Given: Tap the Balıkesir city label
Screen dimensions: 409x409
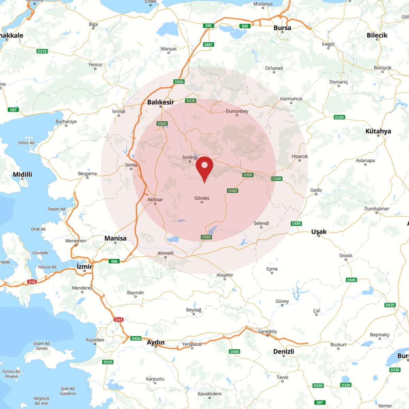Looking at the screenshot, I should pyautogui.click(x=161, y=102).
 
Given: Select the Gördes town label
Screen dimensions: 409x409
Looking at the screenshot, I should pyautogui.click(x=202, y=198).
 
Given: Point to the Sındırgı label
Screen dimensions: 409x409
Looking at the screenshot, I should pyautogui.click(x=190, y=157).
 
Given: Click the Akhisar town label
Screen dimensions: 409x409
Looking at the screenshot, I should pyautogui.click(x=155, y=199).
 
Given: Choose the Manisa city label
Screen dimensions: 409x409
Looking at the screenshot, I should pyautogui.click(x=115, y=238).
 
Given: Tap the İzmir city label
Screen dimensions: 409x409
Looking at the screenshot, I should pyautogui.click(x=85, y=266).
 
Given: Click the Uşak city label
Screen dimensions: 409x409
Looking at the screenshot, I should pyautogui.click(x=319, y=231).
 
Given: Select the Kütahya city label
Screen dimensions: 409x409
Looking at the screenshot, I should pyautogui.click(x=378, y=131).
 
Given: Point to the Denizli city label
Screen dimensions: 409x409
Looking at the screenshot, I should pyautogui.click(x=284, y=351).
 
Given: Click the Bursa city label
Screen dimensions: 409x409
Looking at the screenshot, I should pyautogui.click(x=282, y=28).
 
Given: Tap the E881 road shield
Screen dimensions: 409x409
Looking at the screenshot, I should pyautogui.click(x=208, y=45).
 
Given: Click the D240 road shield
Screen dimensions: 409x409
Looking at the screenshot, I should pyautogui.click(x=277, y=179).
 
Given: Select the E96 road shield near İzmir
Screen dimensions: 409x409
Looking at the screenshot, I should pyautogui.click(x=114, y=261).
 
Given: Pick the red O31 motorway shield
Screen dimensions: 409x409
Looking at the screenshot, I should pyautogui.click(x=119, y=320).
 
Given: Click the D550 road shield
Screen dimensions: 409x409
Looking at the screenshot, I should pyautogui.click(x=136, y=338).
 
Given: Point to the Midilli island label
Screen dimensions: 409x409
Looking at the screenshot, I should pyautogui.click(x=22, y=174).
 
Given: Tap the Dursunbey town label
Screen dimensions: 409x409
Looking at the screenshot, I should pyautogui.click(x=237, y=111).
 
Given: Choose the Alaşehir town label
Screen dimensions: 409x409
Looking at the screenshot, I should pyautogui.click(x=225, y=275).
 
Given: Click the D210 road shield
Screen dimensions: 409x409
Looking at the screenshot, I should pyautogui.click(x=42, y=51).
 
